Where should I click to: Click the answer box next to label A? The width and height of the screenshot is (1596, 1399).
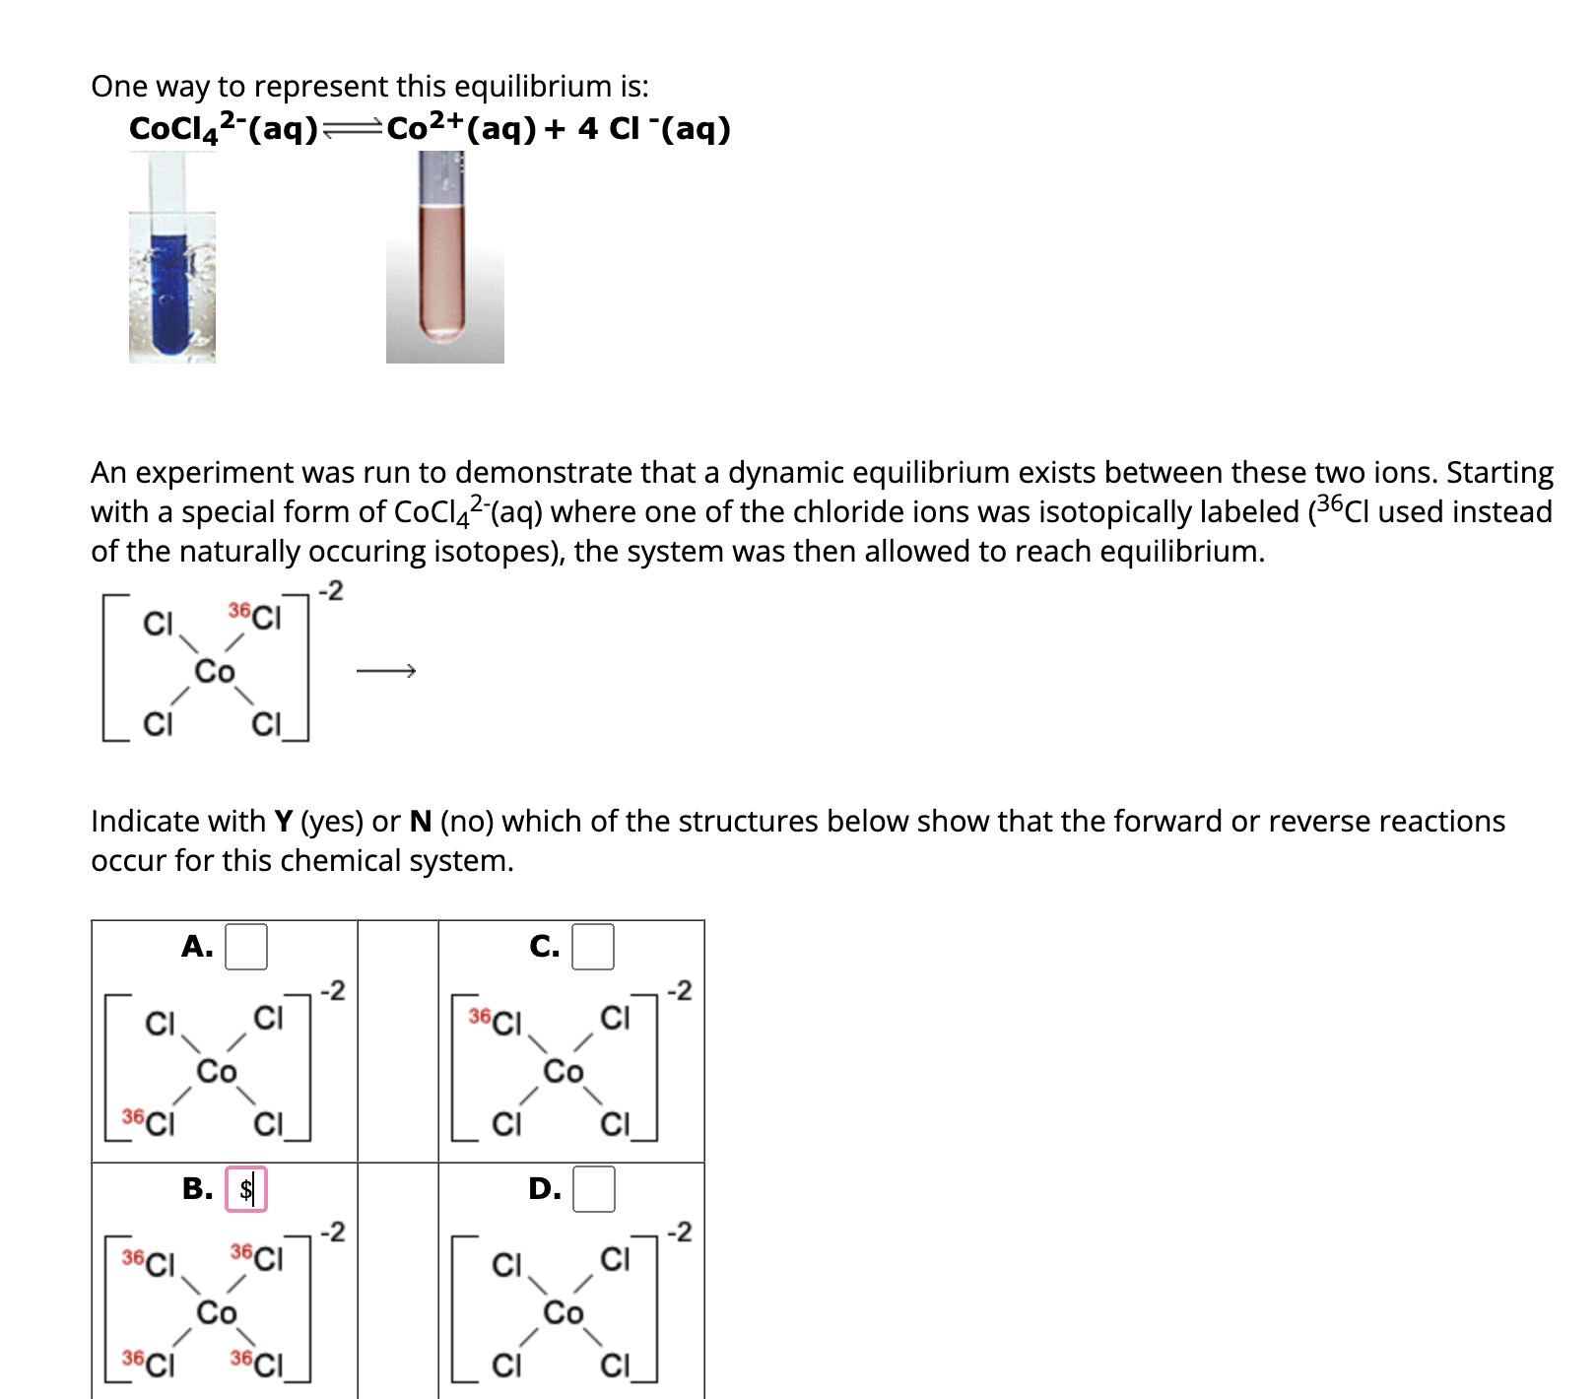pos(246,947)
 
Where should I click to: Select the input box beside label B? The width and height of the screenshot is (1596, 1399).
pos(246,1189)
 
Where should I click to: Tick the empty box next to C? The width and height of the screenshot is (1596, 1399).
pos(593,947)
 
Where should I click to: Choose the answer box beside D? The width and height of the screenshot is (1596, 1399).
pos(594,1189)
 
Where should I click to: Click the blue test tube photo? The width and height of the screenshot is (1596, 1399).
pos(171,286)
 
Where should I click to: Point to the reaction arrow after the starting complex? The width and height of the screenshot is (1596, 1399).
pos(386,671)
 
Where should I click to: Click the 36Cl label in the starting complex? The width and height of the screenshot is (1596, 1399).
pos(255,617)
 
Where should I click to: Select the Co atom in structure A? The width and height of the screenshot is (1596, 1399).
pos(217,1071)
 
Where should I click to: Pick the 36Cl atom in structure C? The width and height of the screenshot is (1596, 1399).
pos(496,1021)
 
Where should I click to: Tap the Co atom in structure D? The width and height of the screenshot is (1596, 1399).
pos(564,1313)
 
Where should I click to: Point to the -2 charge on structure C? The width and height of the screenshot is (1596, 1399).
pos(680,990)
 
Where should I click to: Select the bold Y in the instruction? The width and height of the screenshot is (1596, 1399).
pos(284,821)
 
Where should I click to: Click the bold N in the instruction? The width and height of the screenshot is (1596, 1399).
pos(421,821)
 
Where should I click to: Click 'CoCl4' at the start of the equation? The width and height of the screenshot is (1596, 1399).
pos(173,129)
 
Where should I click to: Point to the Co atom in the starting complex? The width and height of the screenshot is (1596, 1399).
pos(215,672)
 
